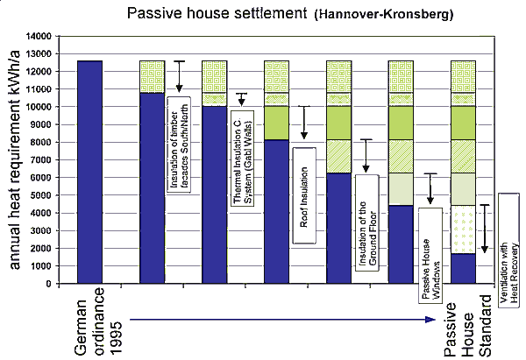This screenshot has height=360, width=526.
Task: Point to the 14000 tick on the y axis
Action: [x=40, y=37]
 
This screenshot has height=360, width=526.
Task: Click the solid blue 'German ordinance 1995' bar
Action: [x=90, y=172]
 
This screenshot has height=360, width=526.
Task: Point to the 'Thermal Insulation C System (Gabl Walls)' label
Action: [x=242, y=158]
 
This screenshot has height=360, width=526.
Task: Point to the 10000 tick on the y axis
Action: [x=40, y=107]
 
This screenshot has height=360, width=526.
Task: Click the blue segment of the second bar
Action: [x=153, y=188]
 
